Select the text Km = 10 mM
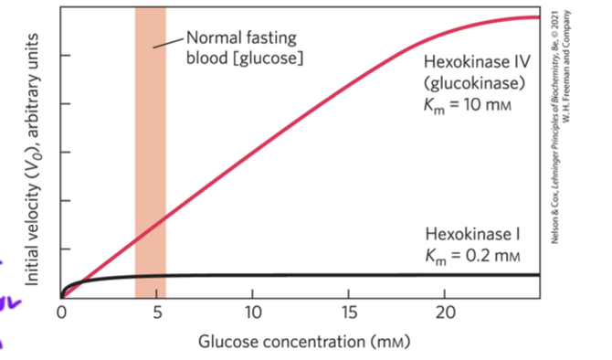tap(474, 101)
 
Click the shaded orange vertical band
tap(150, 137)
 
